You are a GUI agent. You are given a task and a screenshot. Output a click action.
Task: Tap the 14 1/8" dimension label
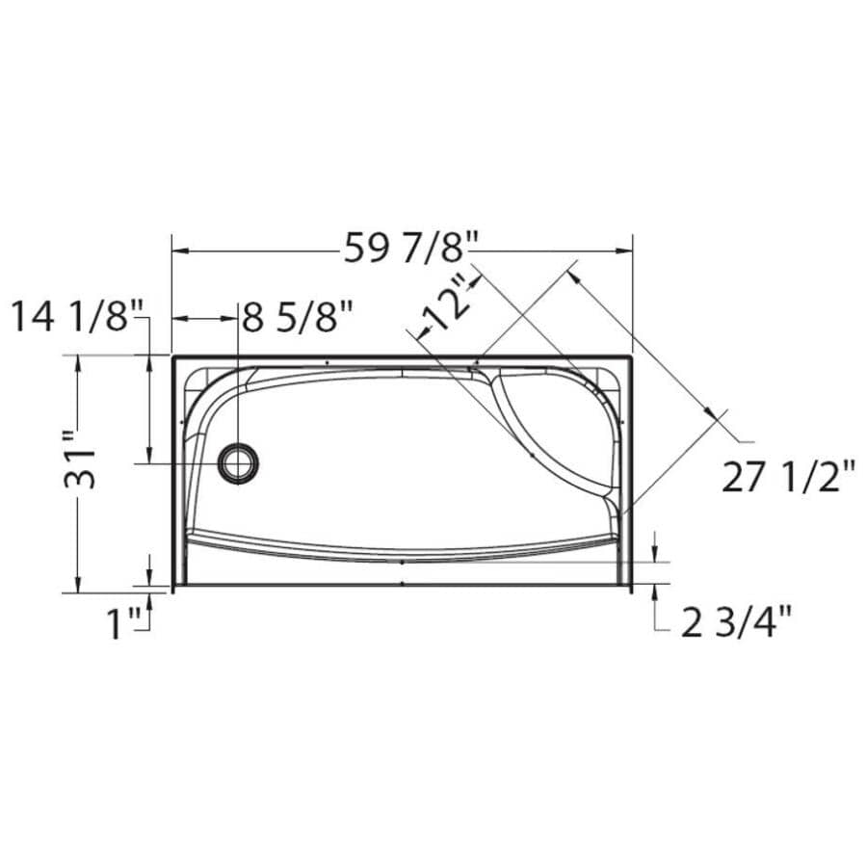(77, 316)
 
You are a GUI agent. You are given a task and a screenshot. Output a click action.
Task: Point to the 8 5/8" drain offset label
(297, 317)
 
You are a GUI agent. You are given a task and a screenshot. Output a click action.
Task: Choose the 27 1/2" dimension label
(788, 477)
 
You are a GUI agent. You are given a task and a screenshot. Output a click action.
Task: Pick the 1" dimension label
(123, 624)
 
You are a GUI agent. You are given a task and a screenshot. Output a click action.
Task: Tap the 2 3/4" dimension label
(737, 623)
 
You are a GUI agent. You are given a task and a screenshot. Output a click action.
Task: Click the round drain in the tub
(236, 463)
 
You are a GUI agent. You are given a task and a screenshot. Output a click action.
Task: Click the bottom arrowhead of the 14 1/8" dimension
(149, 458)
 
